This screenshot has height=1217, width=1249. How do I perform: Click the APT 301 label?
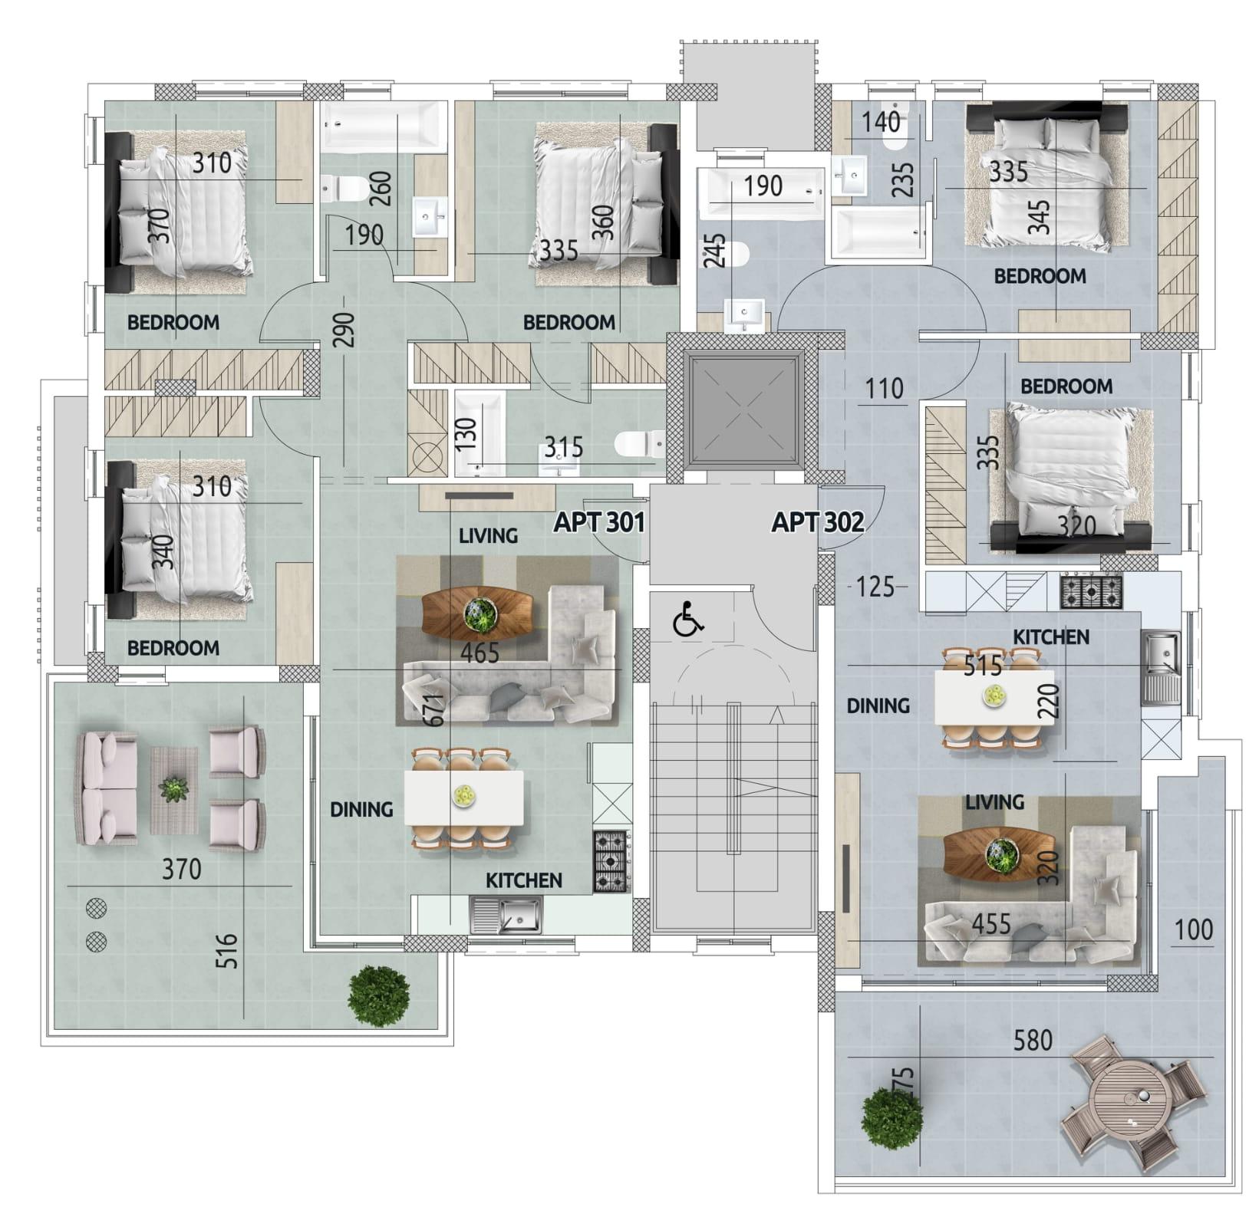click(599, 522)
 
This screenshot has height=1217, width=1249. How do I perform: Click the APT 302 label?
click(818, 522)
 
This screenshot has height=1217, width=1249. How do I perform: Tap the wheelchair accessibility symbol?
click(688, 620)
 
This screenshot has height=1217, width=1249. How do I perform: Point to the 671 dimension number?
click(433, 710)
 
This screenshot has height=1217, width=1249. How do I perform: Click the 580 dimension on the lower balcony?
click(1033, 1041)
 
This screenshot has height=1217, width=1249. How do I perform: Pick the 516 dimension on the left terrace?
click(227, 951)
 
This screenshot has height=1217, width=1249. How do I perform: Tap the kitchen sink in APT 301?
click(506, 915)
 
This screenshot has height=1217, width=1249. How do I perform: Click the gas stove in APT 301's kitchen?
click(611, 862)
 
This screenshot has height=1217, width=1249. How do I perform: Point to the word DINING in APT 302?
click(878, 706)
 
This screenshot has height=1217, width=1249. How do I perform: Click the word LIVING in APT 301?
click(488, 535)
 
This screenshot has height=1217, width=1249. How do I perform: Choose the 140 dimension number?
click(881, 122)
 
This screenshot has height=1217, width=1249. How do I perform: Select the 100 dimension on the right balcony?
click(1194, 930)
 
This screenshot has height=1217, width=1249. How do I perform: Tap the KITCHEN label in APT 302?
click(1051, 636)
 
